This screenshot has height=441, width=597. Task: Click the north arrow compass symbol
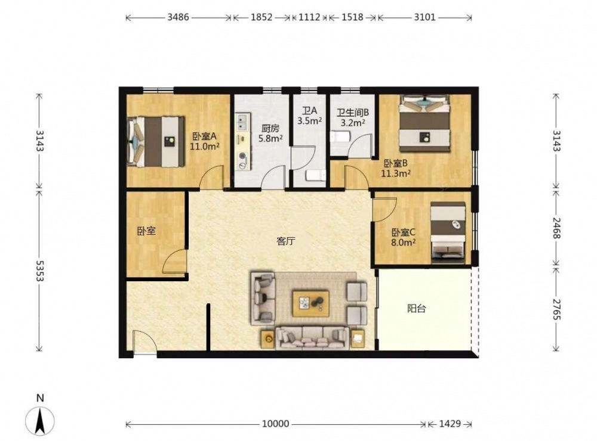click(40, 421)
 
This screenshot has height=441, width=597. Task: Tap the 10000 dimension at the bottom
click(275, 424)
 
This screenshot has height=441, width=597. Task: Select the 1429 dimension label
click(450, 424)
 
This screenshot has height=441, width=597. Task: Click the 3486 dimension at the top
click(178, 17)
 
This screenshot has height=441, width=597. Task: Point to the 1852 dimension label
click(261, 17)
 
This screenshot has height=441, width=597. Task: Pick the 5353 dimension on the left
click(39, 271)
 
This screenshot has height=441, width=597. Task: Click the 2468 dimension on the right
click(556, 228)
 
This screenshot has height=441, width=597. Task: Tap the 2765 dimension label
click(556, 309)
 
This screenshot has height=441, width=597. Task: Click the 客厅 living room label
click(285, 241)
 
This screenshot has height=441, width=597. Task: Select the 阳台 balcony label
click(416, 308)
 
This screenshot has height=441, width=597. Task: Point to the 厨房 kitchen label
click(270, 129)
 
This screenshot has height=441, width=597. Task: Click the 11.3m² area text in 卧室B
click(396, 174)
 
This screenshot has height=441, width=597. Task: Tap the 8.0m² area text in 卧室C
click(403, 243)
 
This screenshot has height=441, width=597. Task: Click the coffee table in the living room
click(310, 304)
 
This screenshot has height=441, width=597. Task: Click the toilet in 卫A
click(315, 176)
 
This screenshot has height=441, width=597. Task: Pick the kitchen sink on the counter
click(243, 121)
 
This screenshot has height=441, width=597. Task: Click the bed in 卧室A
click(156, 141)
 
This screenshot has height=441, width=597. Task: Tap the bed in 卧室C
click(448, 232)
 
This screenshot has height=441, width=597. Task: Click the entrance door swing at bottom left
click(144, 342)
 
